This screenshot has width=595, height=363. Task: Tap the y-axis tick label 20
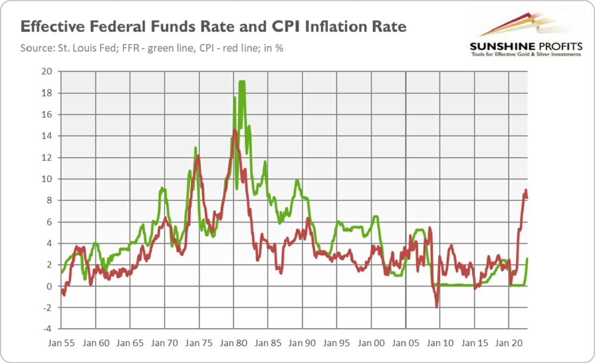pos(47,71)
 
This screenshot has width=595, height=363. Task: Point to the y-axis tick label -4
pos(47,329)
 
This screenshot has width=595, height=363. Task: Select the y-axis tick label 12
pos(47,157)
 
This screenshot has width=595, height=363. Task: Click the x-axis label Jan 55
pos(61,342)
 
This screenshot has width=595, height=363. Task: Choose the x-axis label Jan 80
pos(234,342)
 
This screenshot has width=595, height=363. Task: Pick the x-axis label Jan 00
pos(371,342)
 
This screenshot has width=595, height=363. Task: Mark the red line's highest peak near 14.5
pos(235,130)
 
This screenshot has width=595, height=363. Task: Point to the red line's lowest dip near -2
pos(437,307)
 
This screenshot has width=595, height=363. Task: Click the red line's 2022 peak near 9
pos(526,190)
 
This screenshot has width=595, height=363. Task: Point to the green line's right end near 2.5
pos(527,258)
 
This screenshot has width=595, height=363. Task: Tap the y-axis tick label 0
pos(49,286)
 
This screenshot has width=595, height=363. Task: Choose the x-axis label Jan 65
pos(130,342)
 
